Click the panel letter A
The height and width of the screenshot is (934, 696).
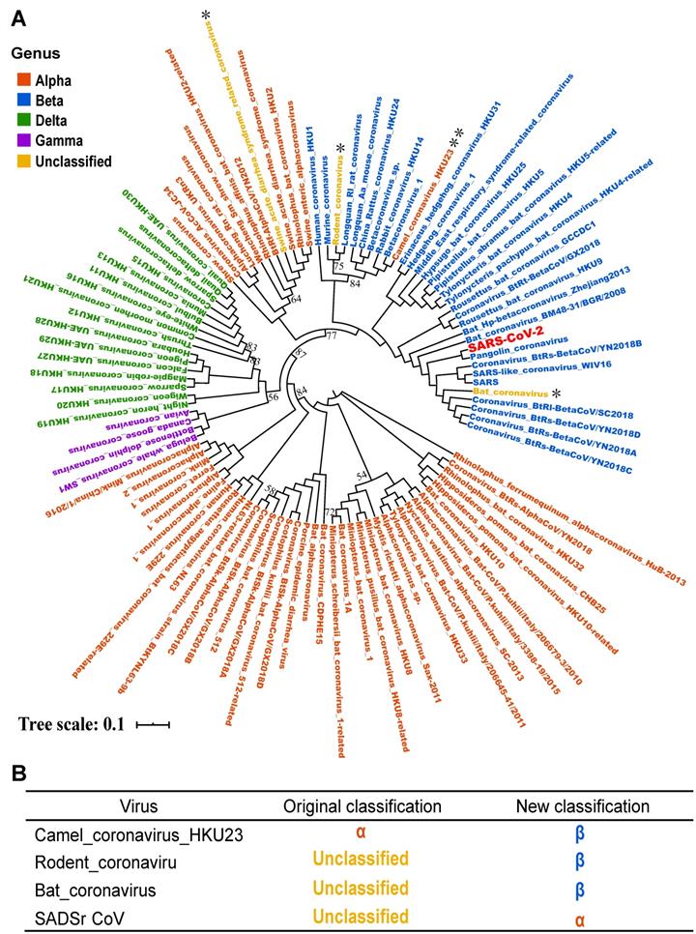(x=17, y=16)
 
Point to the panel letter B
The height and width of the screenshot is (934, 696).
(x=17, y=775)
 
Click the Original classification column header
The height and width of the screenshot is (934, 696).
(x=344, y=805)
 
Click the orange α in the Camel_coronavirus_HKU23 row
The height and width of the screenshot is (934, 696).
(x=344, y=832)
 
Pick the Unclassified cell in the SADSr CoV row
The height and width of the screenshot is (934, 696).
(x=344, y=915)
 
